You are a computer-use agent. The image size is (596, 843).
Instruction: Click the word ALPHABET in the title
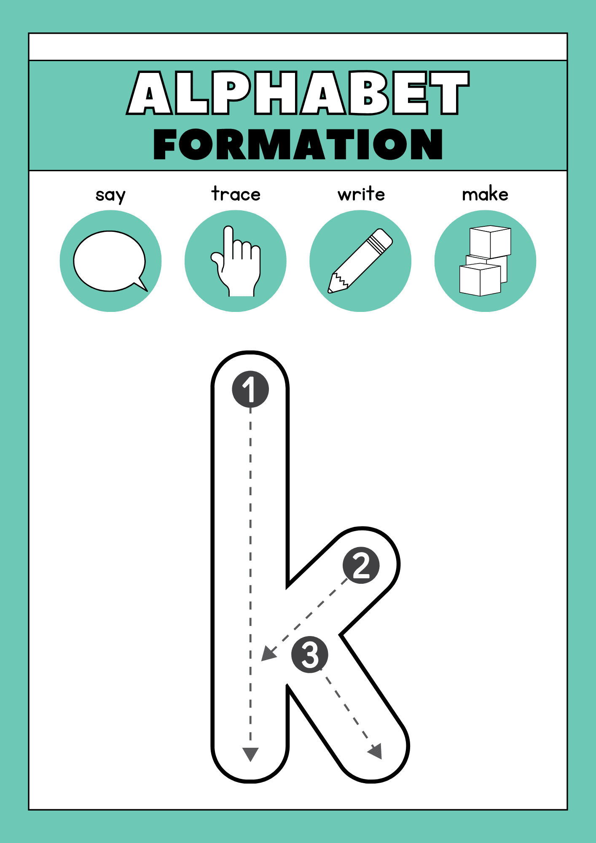tap(298, 93)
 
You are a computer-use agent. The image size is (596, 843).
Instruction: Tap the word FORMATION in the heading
tap(298, 144)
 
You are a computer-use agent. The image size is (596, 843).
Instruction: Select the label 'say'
tap(110, 195)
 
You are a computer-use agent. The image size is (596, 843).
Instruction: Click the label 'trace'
tap(236, 194)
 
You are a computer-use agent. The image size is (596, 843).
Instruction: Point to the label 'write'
tap(361, 194)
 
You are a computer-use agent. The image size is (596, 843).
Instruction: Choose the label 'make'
tap(485, 194)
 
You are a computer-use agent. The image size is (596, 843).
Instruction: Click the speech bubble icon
tap(110, 261)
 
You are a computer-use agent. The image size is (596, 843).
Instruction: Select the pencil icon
tap(360, 261)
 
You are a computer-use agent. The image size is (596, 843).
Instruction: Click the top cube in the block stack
tap(490, 242)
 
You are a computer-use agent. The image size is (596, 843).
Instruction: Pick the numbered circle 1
tap(250, 389)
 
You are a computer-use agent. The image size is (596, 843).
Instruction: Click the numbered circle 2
tap(361, 565)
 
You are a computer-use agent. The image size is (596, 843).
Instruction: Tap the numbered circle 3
tap(310, 654)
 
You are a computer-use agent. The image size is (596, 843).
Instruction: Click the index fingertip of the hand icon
tap(228, 230)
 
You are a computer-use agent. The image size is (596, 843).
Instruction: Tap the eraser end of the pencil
tap(383, 239)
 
